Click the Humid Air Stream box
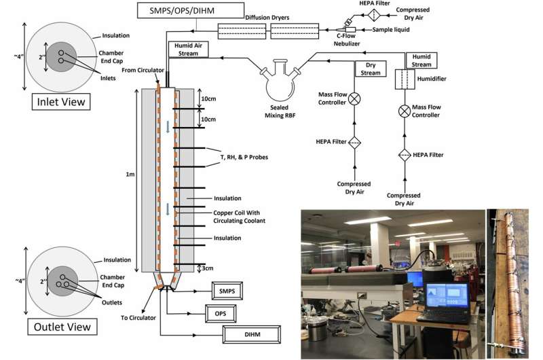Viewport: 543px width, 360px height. coord(185,49)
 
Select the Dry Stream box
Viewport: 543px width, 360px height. coord(370,69)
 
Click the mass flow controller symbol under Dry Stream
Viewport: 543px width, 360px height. coord(354,98)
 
